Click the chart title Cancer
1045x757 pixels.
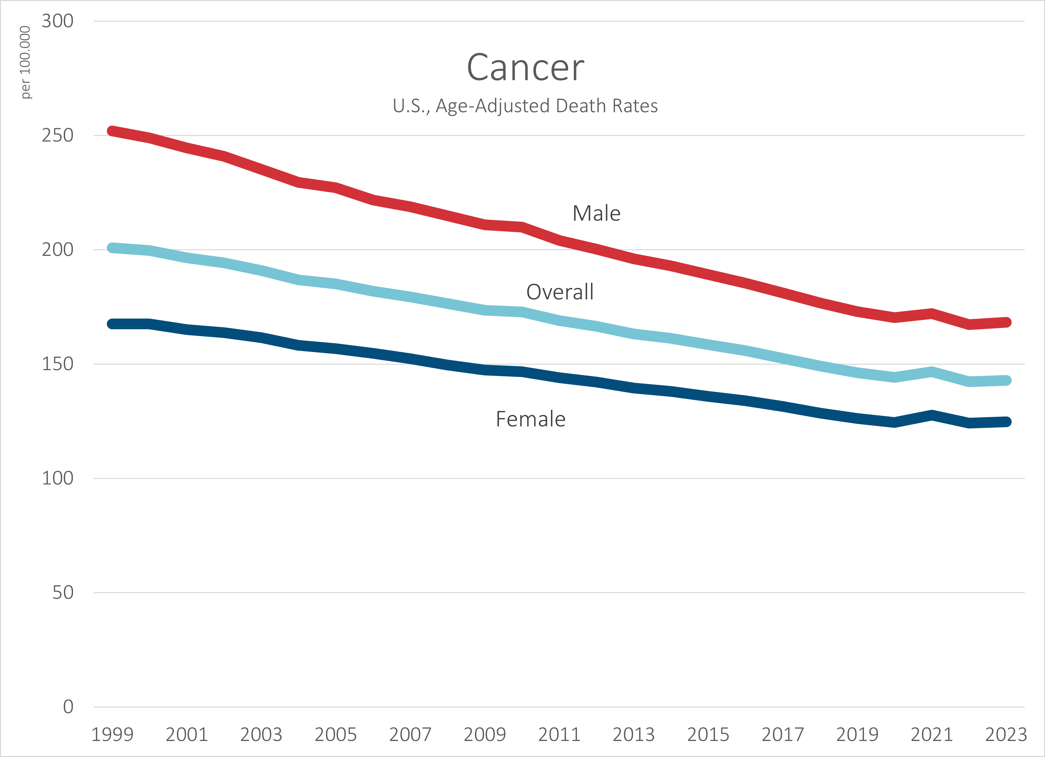(525, 67)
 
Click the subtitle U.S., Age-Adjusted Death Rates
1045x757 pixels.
(525, 106)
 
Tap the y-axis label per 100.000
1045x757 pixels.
(25, 62)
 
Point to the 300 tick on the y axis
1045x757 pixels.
(58, 21)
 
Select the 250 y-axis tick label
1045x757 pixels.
(58, 135)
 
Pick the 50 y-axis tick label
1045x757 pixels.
(63, 592)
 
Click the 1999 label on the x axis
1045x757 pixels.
(112, 734)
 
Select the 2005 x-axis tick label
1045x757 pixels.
(336, 734)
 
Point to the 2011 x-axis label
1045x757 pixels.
(559, 734)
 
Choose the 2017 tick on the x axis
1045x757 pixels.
(783, 734)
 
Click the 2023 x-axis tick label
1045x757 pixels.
(1006, 734)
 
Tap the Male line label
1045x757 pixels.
(597, 213)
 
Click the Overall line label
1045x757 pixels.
(560, 292)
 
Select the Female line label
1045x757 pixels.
(531, 419)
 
